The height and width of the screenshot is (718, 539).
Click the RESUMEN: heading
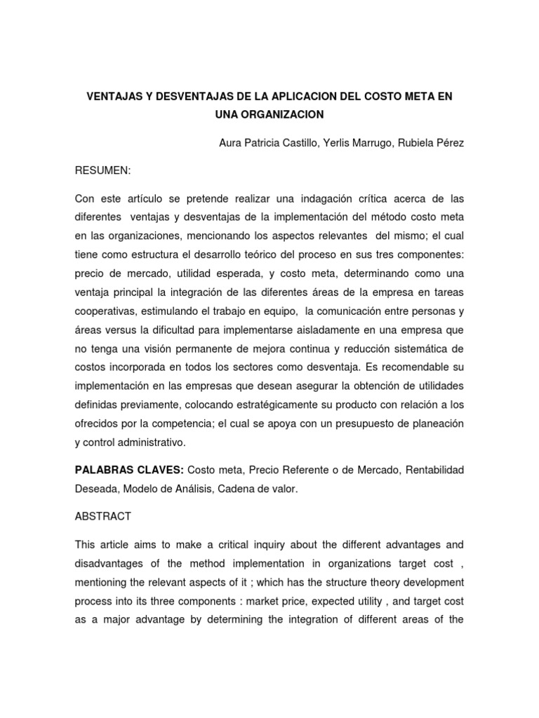coord(102,170)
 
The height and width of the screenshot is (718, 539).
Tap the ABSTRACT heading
coord(102,516)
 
